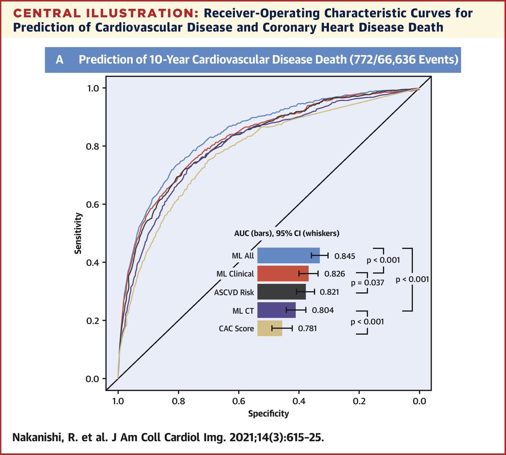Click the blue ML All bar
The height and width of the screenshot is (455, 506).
click(x=288, y=256)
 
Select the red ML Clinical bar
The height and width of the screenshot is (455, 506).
click(x=283, y=274)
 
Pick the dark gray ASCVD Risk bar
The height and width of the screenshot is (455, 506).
click(x=281, y=292)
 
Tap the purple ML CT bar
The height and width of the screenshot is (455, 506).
click(x=276, y=310)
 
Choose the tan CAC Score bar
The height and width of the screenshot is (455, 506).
click(x=269, y=328)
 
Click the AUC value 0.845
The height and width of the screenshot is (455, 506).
click(x=345, y=256)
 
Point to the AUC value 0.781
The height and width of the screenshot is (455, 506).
click(x=307, y=328)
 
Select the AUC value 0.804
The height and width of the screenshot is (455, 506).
click(x=323, y=310)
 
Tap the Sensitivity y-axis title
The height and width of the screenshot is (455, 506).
click(x=78, y=233)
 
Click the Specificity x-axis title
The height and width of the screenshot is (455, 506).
click(x=268, y=413)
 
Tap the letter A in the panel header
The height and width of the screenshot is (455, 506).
click(x=59, y=60)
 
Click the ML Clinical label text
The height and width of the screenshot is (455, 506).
click(x=235, y=274)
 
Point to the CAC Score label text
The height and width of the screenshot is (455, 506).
click(x=236, y=328)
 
